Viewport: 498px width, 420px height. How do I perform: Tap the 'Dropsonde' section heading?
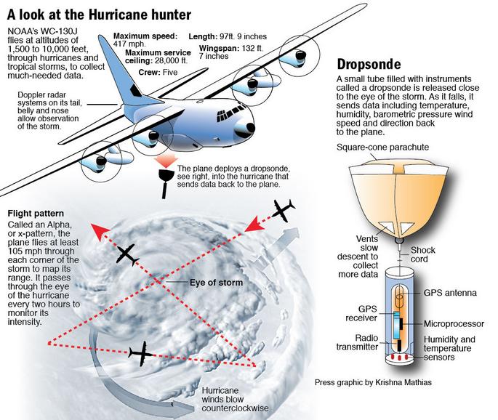369,63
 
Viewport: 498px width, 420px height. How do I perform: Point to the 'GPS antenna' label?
451,294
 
